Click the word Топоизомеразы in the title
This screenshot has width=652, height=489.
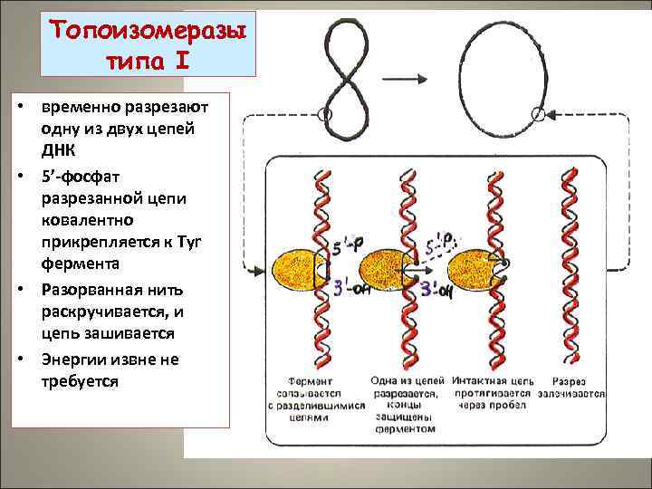(149, 30)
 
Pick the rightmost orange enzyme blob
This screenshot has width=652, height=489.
(473, 268)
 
